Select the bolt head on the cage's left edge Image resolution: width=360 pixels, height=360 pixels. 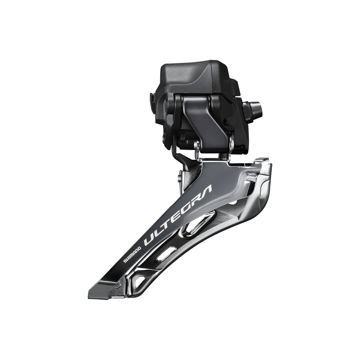pyautogui.click(x=180, y=179)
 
